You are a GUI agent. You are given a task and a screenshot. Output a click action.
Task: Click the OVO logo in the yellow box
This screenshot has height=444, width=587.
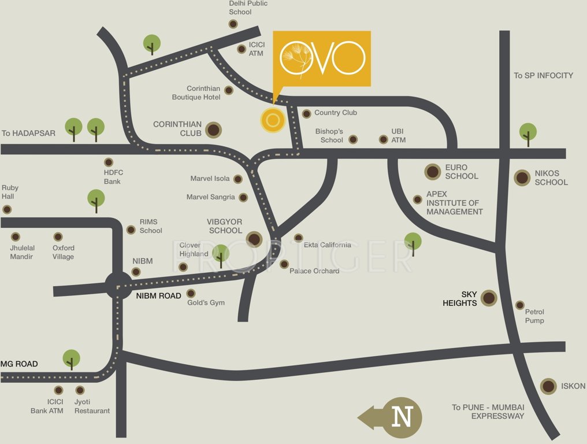tap(322, 58)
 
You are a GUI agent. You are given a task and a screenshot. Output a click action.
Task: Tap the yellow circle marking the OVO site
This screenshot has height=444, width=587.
tap(273, 120)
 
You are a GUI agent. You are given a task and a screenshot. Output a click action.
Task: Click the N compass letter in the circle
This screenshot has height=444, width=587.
tap(403, 417)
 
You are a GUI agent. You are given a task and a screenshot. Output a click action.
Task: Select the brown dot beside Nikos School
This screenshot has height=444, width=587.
tap(522, 177)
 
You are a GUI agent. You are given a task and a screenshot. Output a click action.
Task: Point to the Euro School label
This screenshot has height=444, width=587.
tap(461, 172)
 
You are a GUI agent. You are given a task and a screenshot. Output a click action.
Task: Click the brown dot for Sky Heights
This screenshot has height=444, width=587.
tap(489, 298)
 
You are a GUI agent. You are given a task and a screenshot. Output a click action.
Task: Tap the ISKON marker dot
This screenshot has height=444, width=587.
tap(548, 386)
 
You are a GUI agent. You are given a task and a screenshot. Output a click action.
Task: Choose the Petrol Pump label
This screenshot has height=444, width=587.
tap(534, 316)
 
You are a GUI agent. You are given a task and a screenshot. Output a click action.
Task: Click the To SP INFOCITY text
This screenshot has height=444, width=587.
tap(543, 75)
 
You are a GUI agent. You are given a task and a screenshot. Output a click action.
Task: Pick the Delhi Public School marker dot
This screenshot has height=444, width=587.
tap(233, 24)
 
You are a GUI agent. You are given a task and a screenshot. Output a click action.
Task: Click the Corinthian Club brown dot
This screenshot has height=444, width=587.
tap(213, 129)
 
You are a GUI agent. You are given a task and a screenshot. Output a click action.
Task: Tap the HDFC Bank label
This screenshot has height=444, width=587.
tap(113, 177)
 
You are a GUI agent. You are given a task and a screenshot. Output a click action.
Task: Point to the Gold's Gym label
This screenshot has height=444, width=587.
tap(206, 302)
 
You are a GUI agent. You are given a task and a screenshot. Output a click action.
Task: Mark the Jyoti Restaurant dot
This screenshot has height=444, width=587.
tap(80, 390)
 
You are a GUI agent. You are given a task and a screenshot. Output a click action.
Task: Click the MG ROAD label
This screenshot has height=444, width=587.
tap(19, 364)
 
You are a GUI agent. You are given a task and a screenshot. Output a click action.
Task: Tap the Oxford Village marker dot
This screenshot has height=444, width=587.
tap(58, 237)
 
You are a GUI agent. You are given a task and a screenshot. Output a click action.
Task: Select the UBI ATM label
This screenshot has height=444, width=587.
tap(398, 136)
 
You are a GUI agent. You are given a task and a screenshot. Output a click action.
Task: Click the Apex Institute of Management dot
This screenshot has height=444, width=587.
tap(418, 199)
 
